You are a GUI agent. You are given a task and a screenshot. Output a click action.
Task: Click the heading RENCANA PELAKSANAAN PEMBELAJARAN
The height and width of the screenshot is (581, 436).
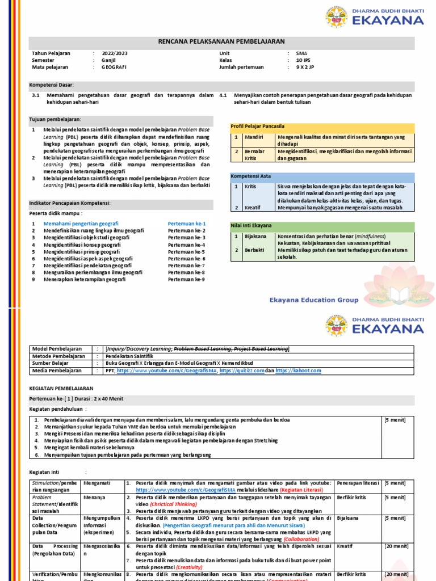pos(221,41)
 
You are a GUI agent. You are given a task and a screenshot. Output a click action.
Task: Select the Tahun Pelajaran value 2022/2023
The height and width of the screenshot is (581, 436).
pos(115,53)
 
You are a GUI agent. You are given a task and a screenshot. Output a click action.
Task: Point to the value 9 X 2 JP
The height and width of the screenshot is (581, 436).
pos(305,67)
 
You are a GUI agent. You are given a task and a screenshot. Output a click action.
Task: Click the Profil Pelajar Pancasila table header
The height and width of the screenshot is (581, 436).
pos(257,126)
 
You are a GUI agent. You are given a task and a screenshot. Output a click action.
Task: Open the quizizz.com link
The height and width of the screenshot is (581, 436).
pos(242,371)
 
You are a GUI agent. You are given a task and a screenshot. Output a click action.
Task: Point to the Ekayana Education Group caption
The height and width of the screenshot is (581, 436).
pos(314,300)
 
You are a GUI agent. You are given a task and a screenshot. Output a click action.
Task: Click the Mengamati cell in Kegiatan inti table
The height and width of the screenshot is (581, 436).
pos(95,483)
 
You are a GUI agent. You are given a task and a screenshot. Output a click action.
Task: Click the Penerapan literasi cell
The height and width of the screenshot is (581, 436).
pos(357,483)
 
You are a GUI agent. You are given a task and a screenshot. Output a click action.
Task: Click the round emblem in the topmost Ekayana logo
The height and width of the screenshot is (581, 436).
pos(337,18)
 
